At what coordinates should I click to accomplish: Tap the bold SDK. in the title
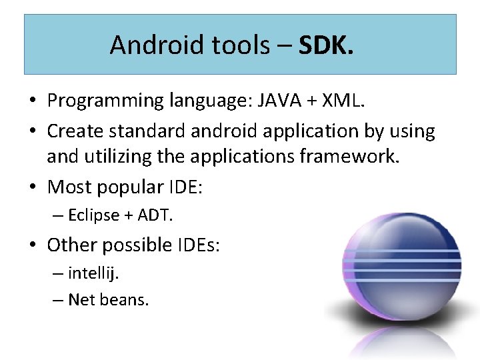327,45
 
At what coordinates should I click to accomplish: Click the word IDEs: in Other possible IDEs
198,245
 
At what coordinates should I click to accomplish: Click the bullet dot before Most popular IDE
33,188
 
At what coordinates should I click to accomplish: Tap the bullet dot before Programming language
33,101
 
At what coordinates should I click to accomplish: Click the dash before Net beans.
57,300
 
